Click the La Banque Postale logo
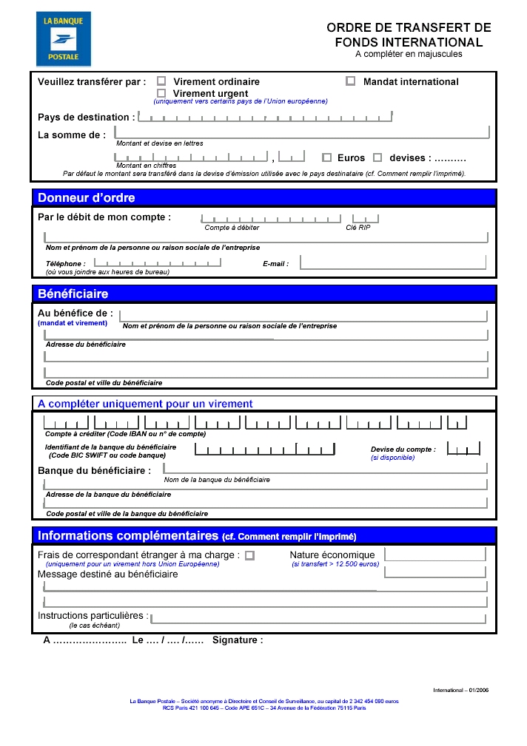(x=64, y=39)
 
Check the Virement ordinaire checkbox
(x=161, y=81)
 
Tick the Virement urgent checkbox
(x=161, y=93)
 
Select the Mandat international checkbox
(x=351, y=81)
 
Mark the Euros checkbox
(x=326, y=157)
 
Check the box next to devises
(x=377, y=157)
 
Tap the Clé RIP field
(x=365, y=218)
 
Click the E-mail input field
(x=392, y=262)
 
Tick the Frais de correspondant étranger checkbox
(x=249, y=555)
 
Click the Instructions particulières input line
(x=318, y=618)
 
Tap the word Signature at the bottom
(x=237, y=640)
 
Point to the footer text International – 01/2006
(x=460, y=690)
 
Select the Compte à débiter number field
(x=271, y=218)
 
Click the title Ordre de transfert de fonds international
(x=409, y=35)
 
